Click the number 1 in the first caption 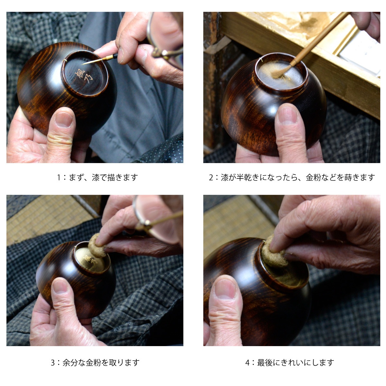(x=59, y=178)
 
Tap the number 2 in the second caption (x=211, y=178)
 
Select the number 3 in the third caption (x=53, y=363)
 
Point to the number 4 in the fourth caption (x=247, y=363)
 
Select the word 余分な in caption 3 (x=74, y=363)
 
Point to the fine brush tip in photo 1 (x=83, y=64)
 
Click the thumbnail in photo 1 (x=64, y=120)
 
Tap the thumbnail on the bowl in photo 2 (x=288, y=115)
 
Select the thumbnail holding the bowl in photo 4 (x=225, y=289)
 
